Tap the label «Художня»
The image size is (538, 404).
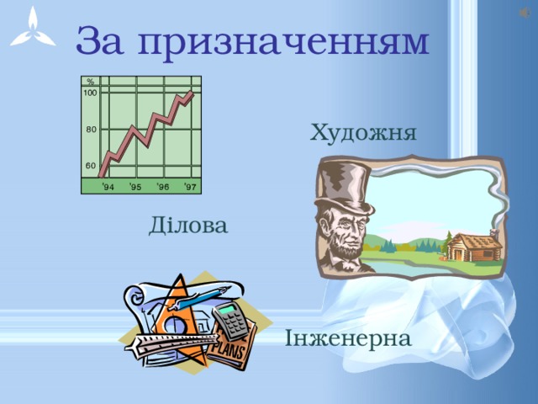click(363, 133)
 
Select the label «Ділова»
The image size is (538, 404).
click(187, 226)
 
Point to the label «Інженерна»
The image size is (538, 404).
click(348, 339)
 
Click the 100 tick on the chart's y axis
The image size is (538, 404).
click(90, 92)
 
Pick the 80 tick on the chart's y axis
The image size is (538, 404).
click(92, 130)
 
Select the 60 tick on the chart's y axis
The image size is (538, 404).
click(92, 166)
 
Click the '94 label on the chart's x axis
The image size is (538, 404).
click(109, 187)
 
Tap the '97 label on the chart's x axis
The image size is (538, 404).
click(190, 187)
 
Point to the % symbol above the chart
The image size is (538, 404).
click(90, 82)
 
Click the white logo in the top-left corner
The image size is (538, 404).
click(32, 30)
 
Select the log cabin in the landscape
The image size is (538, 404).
click(472, 247)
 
